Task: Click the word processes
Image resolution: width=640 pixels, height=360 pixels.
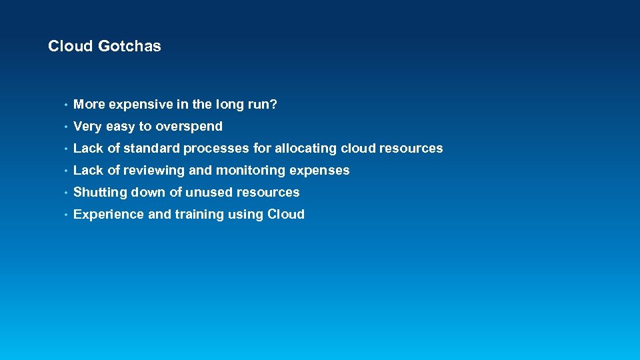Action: point(217,149)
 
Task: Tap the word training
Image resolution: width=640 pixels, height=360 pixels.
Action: point(199,215)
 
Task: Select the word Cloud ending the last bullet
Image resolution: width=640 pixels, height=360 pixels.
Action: point(286,215)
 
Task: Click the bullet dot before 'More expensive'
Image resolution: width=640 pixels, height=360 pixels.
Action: point(65,105)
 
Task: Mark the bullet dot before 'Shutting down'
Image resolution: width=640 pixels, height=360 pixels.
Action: point(65,193)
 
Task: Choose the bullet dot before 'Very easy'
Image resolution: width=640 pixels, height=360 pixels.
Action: point(65,127)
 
